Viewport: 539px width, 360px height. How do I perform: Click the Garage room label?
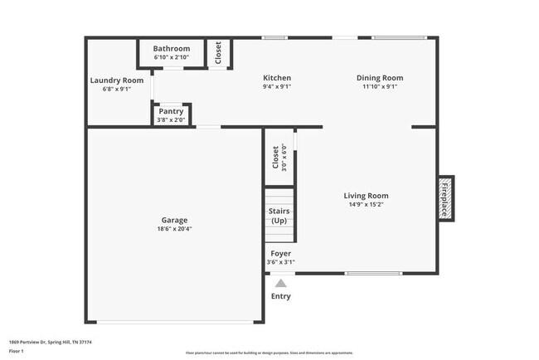click(x=174, y=220)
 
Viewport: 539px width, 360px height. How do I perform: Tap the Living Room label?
click(x=366, y=196)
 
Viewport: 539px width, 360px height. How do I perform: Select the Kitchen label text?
click(x=277, y=78)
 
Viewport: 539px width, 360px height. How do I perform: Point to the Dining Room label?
click(x=380, y=78)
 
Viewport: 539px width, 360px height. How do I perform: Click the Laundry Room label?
click(x=117, y=80)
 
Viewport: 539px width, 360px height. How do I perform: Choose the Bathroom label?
click(x=172, y=49)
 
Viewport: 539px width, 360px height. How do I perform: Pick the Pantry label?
click(x=171, y=110)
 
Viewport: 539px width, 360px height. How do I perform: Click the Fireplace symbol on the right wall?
click(x=445, y=199)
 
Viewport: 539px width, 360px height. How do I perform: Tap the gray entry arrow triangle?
click(x=280, y=283)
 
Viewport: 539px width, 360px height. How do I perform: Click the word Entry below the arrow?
click(x=281, y=297)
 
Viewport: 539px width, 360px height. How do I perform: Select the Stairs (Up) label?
click(x=279, y=216)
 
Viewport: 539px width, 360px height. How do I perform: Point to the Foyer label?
click(x=280, y=253)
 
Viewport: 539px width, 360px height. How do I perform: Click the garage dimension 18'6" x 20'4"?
click(x=174, y=229)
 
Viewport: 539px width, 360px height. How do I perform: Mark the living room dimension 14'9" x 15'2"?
click(x=366, y=204)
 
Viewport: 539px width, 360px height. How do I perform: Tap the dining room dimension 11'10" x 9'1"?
click(x=380, y=86)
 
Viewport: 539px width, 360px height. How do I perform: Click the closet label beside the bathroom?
click(x=218, y=52)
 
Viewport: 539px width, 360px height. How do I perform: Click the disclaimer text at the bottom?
click(x=269, y=353)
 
